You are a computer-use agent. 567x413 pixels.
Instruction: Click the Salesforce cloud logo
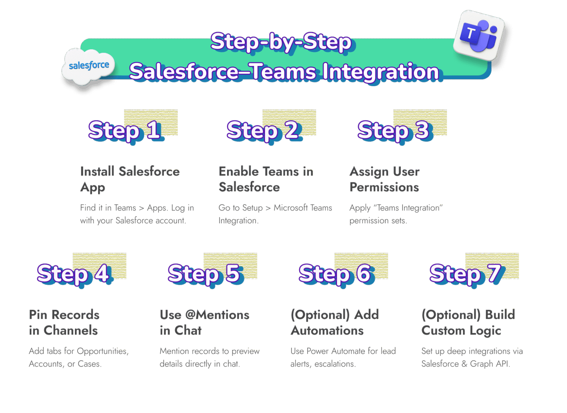[x=89, y=66]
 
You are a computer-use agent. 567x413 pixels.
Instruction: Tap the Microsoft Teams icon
[x=479, y=35]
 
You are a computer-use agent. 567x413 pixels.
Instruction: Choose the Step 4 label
[x=73, y=273]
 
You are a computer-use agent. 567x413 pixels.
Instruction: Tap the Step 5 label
[x=204, y=273]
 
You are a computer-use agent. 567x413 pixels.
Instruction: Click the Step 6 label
[x=335, y=273]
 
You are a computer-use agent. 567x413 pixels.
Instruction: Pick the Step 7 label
[x=465, y=273]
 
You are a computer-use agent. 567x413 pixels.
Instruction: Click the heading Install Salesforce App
[x=130, y=179]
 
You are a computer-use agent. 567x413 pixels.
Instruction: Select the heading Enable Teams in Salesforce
[x=266, y=179]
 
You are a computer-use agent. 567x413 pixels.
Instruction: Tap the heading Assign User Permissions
[x=385, y=179]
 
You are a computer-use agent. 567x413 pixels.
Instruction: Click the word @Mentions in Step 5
[x=217, y=315]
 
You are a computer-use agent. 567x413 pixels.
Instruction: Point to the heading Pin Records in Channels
[x=64, y=322]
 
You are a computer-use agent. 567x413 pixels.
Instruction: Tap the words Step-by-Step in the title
[x=281, y=42]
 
